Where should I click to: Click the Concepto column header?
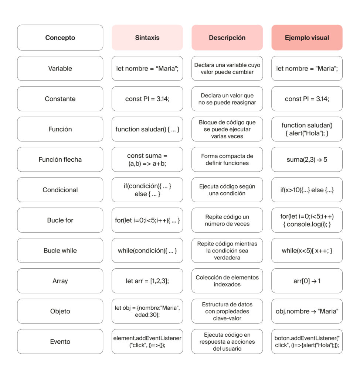60,38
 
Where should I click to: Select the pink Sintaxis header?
147,38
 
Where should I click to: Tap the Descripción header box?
227,38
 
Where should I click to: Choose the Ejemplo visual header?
307,38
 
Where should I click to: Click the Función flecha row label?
60,159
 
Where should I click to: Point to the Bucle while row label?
60,250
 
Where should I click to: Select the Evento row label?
60,341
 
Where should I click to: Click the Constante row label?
60,99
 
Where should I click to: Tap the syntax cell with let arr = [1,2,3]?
147,281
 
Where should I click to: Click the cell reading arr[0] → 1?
307,281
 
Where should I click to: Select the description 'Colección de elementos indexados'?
227,281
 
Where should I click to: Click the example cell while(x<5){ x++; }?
307,250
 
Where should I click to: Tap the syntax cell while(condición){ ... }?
147,250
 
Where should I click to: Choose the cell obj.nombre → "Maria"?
307,311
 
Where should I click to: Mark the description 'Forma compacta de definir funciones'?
227,159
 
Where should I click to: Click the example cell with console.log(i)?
307,220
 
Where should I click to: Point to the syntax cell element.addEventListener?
147,341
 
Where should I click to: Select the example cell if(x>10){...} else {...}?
307,190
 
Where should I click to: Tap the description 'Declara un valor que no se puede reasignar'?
227,99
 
